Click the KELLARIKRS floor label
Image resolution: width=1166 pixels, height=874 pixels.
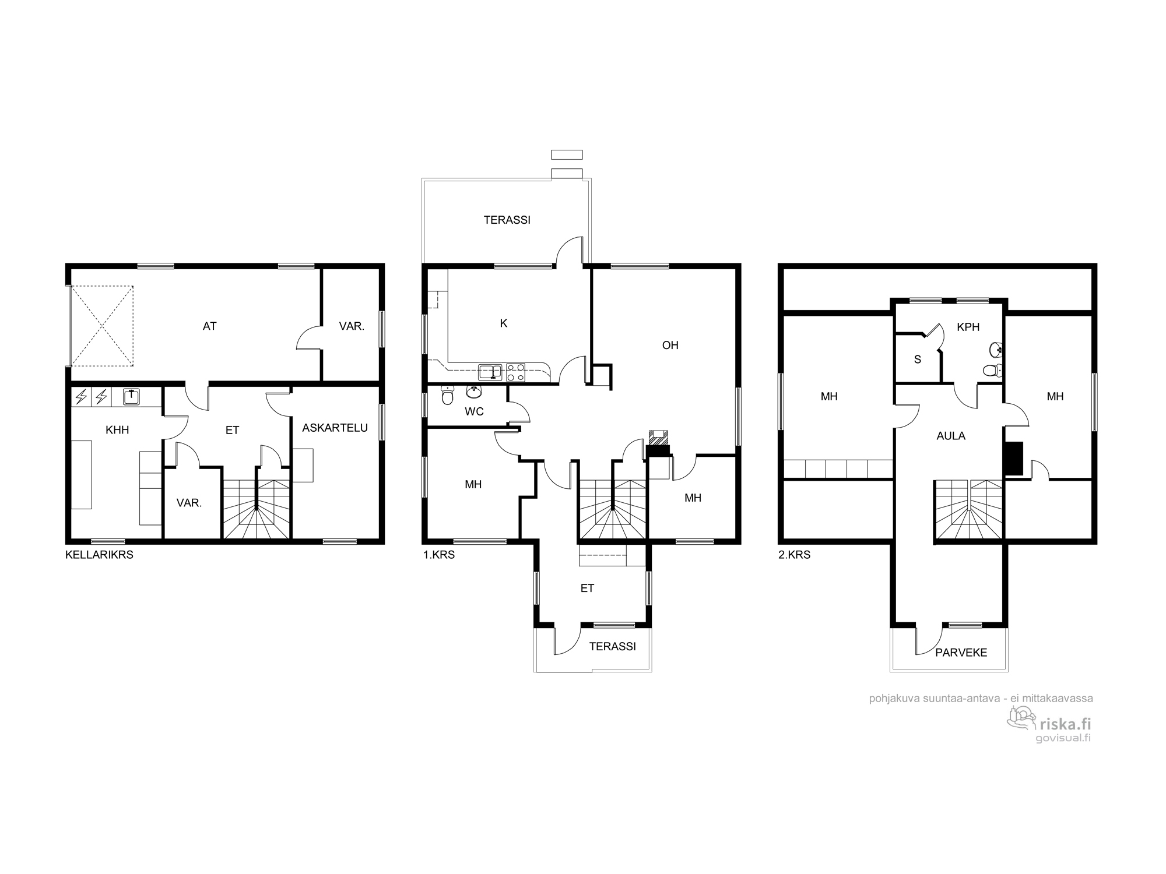coord(99,555)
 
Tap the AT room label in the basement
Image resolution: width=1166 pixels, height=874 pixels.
coord(210,326)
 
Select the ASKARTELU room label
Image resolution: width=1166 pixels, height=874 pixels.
coord(335,428)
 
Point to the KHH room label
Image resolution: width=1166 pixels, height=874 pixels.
coord(117,430)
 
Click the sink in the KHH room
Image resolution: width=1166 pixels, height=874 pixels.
coord(132,397)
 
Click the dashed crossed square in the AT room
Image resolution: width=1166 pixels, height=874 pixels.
coord(102,326)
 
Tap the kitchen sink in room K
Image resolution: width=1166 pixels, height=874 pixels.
coord(490,372)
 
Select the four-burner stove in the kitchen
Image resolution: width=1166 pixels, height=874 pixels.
coord(515,372)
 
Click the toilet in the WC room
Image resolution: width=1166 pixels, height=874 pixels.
coord(448,396)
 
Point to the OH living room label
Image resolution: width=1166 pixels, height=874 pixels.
coord(670,345)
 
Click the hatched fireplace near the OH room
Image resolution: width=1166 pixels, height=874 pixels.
coord(659,438)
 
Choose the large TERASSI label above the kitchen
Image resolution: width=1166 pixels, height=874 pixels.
coord(507,220)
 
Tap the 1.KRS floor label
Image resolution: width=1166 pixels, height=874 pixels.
coord(439,555)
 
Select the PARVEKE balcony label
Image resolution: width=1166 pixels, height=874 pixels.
coord(961,653)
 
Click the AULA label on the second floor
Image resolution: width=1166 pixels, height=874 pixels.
coord(951,436)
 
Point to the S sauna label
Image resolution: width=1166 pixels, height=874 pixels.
coord(918,360)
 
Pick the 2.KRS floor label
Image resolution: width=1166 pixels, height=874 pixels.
coord(795,555)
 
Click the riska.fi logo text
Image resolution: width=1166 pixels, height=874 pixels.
coord(1065,724)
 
